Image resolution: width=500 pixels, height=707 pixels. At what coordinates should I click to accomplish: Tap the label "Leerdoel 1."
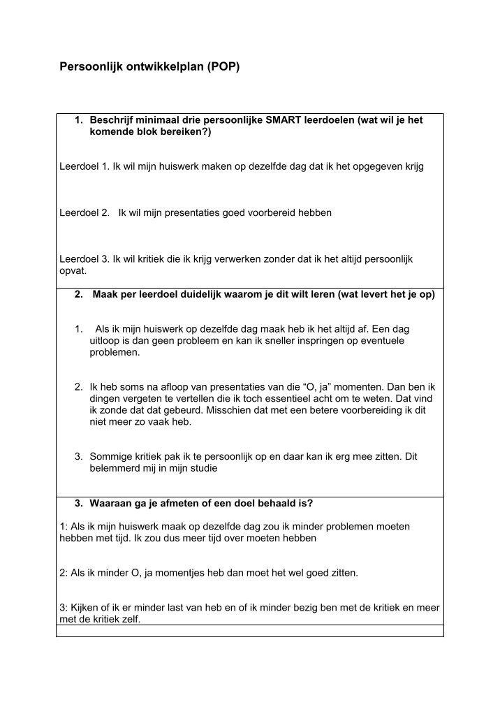click(x=84, y=167)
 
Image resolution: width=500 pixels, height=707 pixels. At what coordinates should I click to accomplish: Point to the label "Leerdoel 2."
click(x=84, y=212)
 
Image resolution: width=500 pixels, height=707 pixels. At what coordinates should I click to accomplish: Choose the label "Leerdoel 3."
click(x=84, y=258)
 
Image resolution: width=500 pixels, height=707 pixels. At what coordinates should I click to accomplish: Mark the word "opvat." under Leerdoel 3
click(x=73, y=270)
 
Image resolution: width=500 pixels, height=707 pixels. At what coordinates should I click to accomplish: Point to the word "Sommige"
click(x=109, y=457)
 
